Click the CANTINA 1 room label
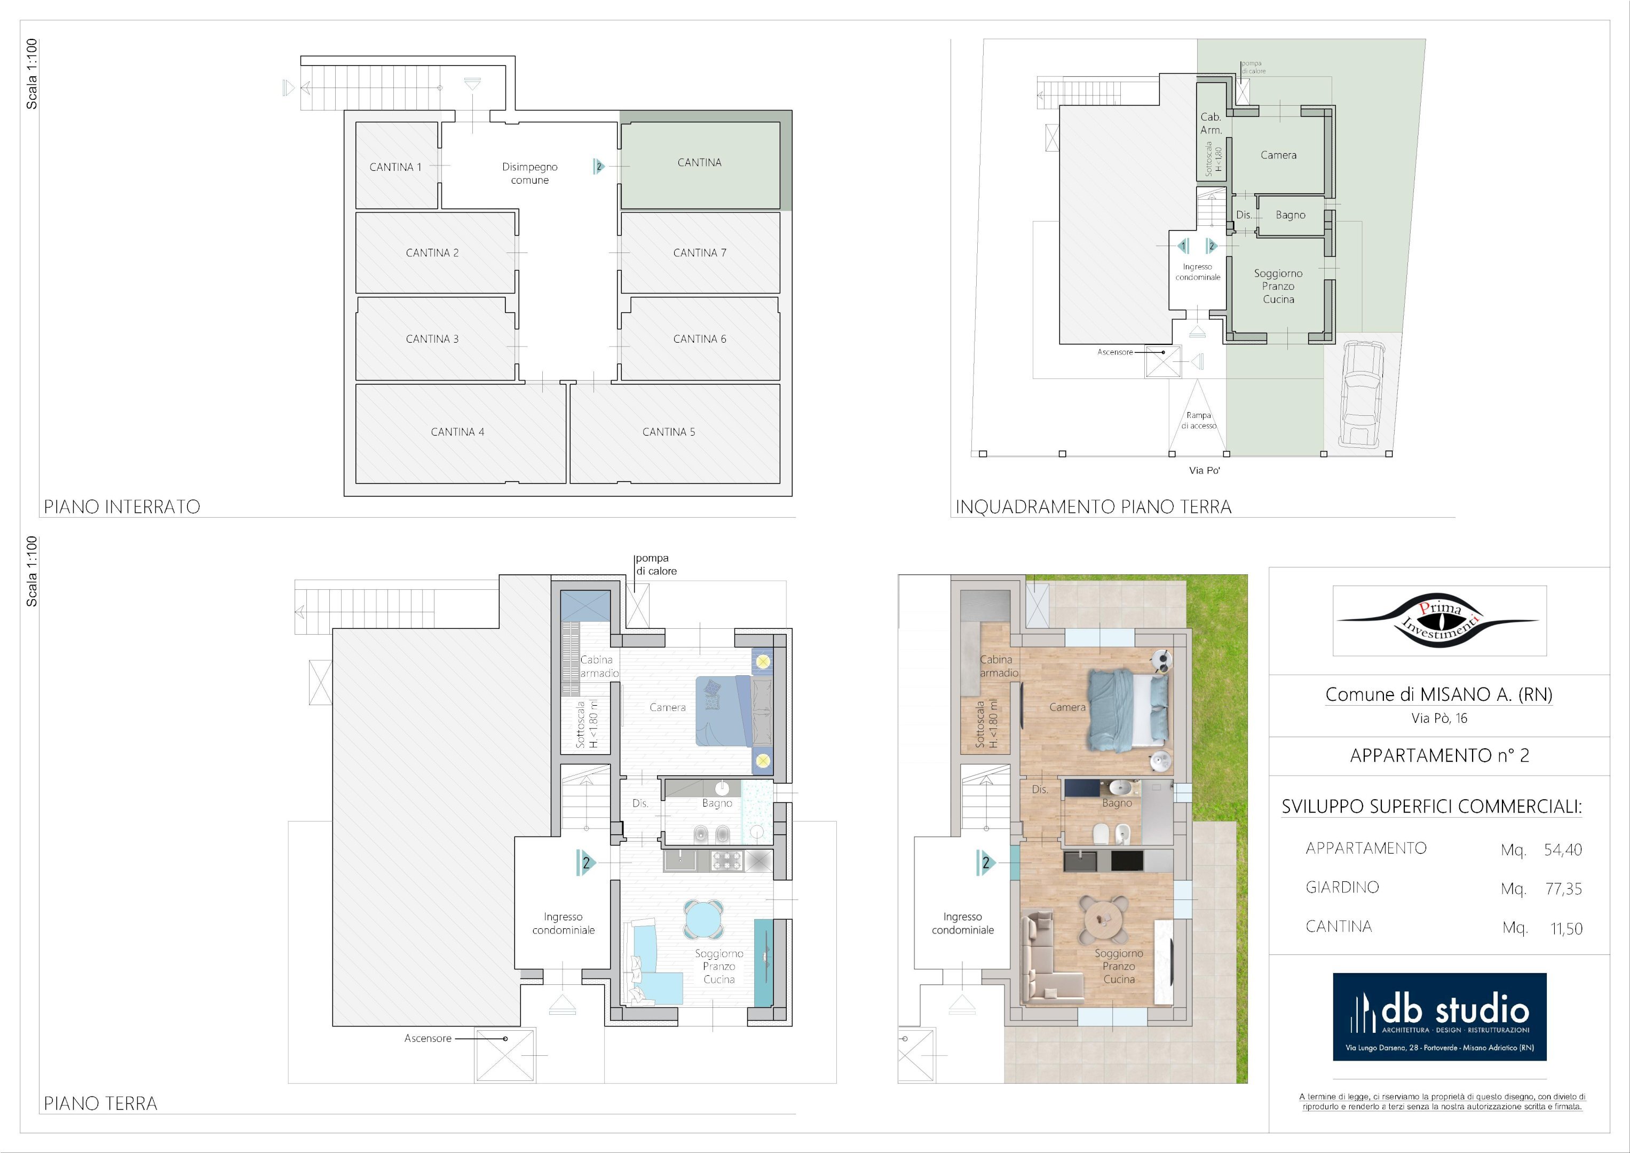[x=395, y=167]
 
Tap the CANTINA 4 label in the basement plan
[x=457, y=432]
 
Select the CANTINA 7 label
[x=699, y=252]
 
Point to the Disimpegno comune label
[x=529, y=173]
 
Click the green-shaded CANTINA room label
[x=699, y=163]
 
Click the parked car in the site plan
[x=1361, y=394]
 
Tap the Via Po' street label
[x=1205, y=470]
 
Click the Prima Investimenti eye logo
[x=1439, y=620]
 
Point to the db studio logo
[x=1439, y=1017]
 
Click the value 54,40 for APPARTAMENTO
[x=1563, y=850]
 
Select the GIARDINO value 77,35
[x=1563, y=889]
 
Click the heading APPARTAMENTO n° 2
[x=1439, y=755]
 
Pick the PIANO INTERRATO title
[x=122, y=506]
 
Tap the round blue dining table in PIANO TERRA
[x=703, y=920]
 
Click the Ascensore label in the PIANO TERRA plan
[x=428, y=1038]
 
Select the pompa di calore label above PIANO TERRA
[x=656, y=564]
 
